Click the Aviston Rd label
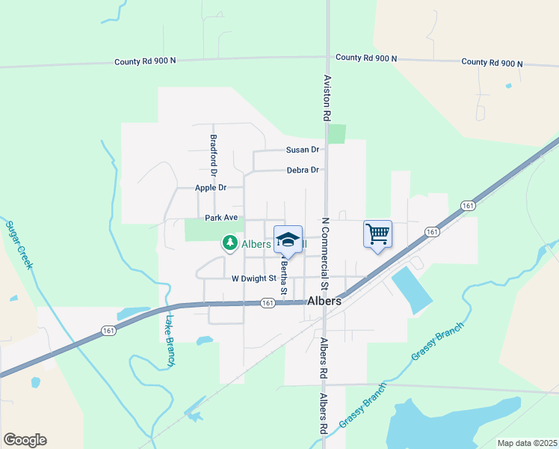pos(327,97)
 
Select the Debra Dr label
pos(303,170)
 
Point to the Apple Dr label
pos(210,188)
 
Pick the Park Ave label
pos(221,218)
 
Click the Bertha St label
pos(284,273)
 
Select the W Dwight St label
pos(254,278)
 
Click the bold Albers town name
pos(324,301)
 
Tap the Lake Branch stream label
pos(168,340)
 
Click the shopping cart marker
pos(377,235)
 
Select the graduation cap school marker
pos(288,239)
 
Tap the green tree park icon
pos(229,242)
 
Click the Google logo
pos(25,440)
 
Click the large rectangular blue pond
pos(411,289)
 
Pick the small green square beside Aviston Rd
pos(337,134)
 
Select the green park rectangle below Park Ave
pos(202,230)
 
